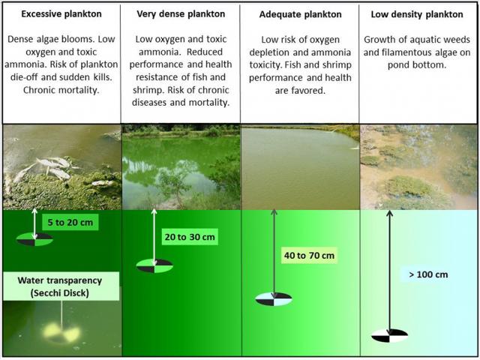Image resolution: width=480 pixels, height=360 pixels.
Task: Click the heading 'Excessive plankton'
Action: (x=61, y=14)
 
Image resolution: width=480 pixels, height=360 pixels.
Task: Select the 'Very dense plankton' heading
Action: (x=181, y=14)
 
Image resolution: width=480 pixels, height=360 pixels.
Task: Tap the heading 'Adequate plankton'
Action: (x=300, y=14)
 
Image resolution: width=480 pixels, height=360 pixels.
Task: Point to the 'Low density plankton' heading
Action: (x=417, y=14)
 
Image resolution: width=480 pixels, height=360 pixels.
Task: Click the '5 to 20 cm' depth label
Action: (x=70, y=222)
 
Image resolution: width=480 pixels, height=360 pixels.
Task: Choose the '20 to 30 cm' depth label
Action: (x=190, y=237)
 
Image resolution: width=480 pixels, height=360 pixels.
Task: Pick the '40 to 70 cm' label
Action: (x=309, y=255)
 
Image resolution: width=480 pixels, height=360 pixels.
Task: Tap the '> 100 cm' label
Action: (x=428, y=274)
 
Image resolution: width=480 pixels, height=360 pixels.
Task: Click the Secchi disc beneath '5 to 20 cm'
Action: (x=34, y=239)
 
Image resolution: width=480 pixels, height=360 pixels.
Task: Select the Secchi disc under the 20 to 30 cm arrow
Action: (x=154, y=265)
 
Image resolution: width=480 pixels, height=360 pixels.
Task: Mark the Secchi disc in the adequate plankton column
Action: (x=274, y=299)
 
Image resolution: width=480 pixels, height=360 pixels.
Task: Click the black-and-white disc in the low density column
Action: (x=390, y=335)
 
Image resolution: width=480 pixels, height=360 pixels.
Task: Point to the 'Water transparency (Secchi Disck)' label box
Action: (x=61, y=286)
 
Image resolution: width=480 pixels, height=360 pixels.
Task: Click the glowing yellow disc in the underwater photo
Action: (x=61, y=333)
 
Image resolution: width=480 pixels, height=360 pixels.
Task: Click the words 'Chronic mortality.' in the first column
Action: (x=61, y=90)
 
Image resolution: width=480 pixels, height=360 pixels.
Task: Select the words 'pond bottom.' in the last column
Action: (x=417, y=65)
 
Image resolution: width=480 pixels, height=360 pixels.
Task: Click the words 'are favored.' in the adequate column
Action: (x=300, y=91)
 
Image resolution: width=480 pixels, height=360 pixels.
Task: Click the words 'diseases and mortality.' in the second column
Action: (x=181, y=103)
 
